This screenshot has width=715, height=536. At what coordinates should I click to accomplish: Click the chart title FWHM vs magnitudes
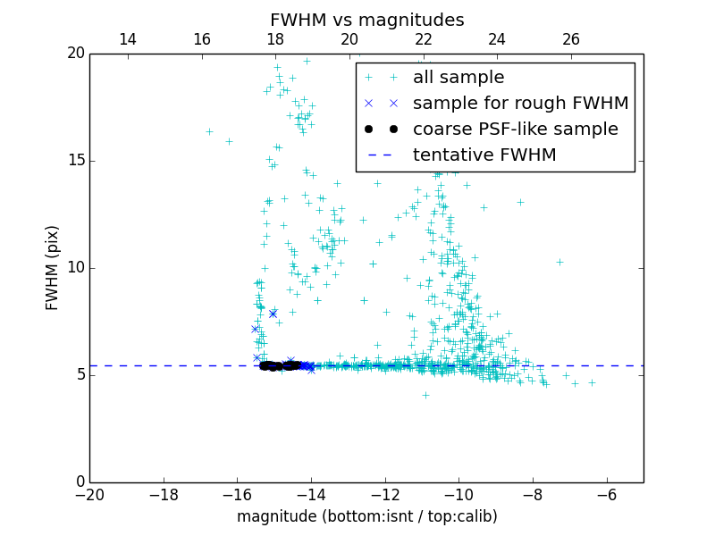click(x=366, y=20)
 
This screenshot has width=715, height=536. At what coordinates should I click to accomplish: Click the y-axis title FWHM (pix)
click(x=53, y=267)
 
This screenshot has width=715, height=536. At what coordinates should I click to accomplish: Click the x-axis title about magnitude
click(x=366, y=516)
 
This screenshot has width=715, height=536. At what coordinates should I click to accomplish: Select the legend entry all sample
click(x=458, y=78)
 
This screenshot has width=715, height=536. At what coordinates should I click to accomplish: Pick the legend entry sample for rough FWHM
click(x=520, y=104)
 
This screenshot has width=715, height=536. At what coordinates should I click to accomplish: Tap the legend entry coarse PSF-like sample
click(x=515, y=130)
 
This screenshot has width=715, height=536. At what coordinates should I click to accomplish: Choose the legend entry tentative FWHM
click(x=484, y=155)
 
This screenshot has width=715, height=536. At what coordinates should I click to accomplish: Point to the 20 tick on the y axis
click(x=74, y=54)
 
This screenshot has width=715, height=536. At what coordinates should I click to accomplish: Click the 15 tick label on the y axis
click(x=74, y=161)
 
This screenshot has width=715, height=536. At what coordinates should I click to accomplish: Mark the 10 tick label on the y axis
click(x=74, y=268)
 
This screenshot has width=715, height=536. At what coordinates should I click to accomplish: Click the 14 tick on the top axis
click(x=127, y=39)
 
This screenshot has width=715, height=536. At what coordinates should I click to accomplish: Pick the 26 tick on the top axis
click(x=571, y=39)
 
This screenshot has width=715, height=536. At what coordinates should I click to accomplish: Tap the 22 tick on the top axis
click(x=423, y=39)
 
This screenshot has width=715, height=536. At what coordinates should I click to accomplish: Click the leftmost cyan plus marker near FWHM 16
click(x=209, y=131)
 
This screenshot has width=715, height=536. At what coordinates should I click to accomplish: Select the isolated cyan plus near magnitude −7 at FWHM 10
click(x=559, y=262)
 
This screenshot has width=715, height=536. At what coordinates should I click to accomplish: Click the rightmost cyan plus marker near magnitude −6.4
click(x=592, y=382)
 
